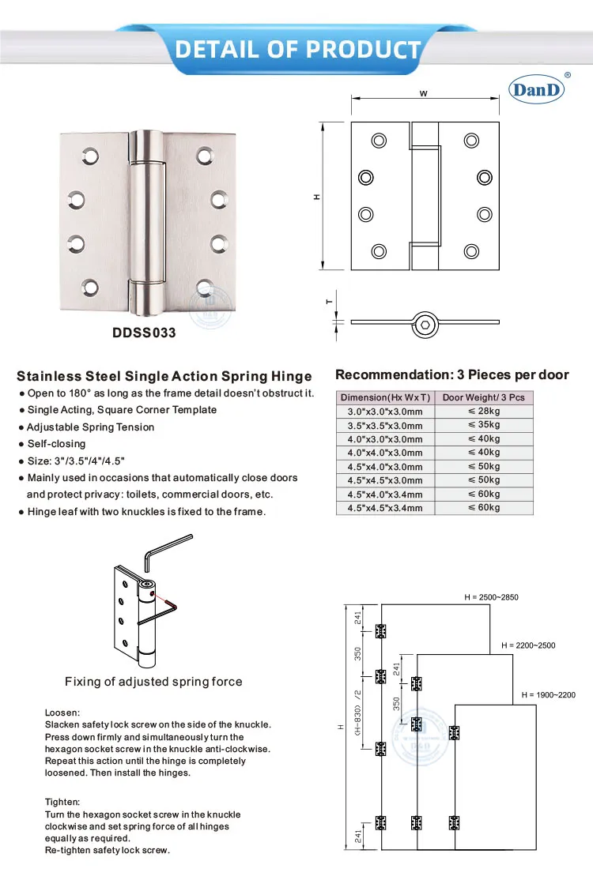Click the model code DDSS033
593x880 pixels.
(x=145, y=333)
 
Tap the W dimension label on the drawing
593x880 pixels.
(x=424, y=93)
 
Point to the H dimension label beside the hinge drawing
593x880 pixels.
(x=317, y=196)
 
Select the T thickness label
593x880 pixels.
(x=329, y=301)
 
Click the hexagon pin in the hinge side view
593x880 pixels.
(x=425, y=322)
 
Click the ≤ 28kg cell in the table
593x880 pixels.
(x=484, y=412)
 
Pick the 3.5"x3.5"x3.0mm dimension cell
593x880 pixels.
(x=385, y=426)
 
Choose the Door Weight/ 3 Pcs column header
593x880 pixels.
(x=484, y=397)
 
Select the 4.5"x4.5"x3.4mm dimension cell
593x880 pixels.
(x=385, y=508)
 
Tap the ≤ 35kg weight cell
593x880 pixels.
(x=484, y=425)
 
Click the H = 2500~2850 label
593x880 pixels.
(x=491, y=597)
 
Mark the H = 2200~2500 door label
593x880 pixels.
(x=528, y=645)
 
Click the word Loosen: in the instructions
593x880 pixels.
(x=62, y=713)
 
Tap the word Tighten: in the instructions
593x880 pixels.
(x=62, y=802)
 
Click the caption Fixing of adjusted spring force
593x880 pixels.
(x=153, y=682)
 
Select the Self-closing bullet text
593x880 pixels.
(x=56, y=444)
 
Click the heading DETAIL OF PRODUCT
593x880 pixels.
(x=297, y=50)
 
